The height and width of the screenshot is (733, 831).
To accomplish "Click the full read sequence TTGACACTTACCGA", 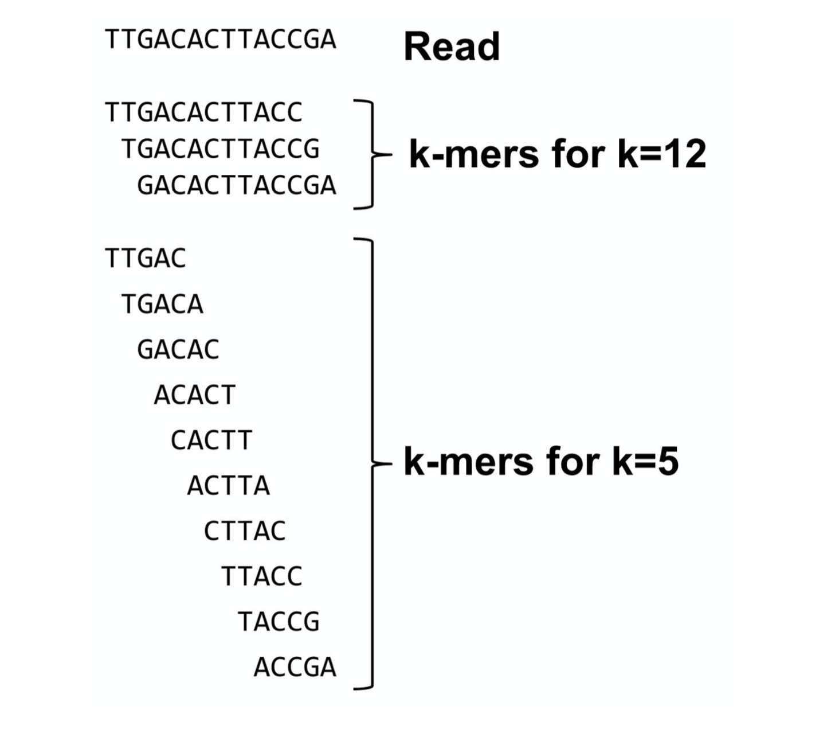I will coord(221,40).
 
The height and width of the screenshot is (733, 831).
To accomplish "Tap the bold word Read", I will coord(452,47).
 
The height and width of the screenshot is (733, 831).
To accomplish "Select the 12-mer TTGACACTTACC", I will coord(203,112).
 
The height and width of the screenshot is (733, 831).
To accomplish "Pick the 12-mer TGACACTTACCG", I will coord(221,149).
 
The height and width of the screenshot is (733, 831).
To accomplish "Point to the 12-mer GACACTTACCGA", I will coord(237,186).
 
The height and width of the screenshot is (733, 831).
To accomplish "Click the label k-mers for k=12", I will coord(557,154).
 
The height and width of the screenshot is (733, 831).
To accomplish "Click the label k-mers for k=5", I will coord(541,462).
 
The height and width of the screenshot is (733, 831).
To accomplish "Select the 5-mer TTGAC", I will coord(146,259).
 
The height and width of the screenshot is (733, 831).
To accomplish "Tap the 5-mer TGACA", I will coord(162,304).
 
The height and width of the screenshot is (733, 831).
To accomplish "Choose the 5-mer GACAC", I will coord(178,349).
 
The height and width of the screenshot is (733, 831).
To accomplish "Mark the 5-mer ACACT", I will coord(195,395).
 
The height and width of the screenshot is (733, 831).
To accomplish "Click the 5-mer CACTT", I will coord(211,440).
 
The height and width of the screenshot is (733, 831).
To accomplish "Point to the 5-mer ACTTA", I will coord(228,486).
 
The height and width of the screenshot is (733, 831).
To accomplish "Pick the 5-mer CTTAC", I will coord(245,531).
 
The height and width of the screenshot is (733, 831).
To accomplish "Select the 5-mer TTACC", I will coord(261,576).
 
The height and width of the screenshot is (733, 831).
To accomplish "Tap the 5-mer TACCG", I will coord(279,622).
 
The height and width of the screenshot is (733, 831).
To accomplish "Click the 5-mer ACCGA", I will coord(295,667).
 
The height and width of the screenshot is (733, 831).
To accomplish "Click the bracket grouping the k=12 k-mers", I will coord(371,154).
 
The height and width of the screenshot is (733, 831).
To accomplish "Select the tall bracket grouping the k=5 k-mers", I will coord(371,462).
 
